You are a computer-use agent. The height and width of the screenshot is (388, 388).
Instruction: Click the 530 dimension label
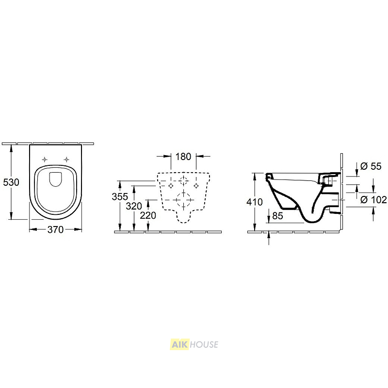tap(11, 182)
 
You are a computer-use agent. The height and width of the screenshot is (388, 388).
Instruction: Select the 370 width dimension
tap(55, 229)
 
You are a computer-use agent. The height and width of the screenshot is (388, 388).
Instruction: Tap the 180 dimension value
tap(183, 157)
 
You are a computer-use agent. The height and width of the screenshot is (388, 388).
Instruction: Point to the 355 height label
tap(120, 197)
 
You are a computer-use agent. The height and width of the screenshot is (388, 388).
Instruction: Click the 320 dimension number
tap(134, 206)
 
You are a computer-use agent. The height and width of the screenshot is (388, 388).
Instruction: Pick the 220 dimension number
tap(148, 215)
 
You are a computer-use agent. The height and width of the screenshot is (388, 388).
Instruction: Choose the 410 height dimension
tap(255, 202)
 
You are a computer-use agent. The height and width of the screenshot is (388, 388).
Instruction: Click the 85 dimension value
tap(277, 216)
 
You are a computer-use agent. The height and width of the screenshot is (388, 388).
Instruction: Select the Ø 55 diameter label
tap(371, 166)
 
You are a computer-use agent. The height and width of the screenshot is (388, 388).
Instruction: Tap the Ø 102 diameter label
tap(373, 200)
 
